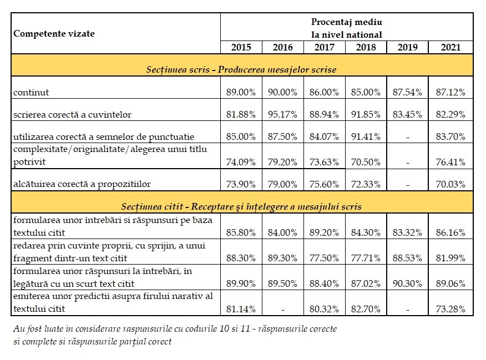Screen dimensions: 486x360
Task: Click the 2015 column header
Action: pos(241,47)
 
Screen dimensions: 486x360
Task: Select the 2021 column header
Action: pos(450,47)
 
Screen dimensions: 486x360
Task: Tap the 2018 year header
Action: pos(366,47)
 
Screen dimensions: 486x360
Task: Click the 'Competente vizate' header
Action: pos(54,33)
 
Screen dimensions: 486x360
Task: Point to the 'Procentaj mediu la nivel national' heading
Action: pos(347,28)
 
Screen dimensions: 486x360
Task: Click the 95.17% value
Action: pos(282,115)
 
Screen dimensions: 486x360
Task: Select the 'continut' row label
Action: pos(31,92)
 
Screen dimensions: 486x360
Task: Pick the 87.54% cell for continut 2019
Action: pos(407,92)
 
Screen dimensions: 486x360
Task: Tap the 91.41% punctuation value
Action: pos(366,136)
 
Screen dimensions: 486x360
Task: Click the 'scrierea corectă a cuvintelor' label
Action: pos(72,115)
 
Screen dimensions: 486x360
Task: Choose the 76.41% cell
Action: pos(450,162)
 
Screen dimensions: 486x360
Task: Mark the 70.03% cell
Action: pos(450,184)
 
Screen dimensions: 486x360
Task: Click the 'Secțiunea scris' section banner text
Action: pos(241,69)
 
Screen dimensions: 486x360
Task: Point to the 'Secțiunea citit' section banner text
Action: pos(241,207)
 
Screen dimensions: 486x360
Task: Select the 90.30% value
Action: pos(407,284)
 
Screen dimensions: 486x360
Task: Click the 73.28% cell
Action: pos(450,309)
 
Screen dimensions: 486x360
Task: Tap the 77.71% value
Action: pos(366,258)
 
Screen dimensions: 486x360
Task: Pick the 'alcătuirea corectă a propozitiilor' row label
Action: pos(82,184)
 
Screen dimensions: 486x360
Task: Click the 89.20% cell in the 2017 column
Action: pos(324,232)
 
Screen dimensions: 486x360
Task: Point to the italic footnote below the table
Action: pos(175,335)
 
